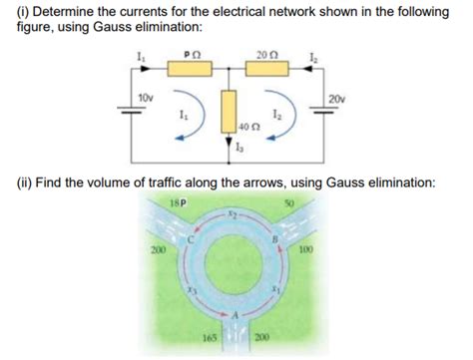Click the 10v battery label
click(146, 97)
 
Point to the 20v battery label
click(336, 97)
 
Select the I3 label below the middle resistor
click(237, 149)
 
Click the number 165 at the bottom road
click(209, 346)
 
